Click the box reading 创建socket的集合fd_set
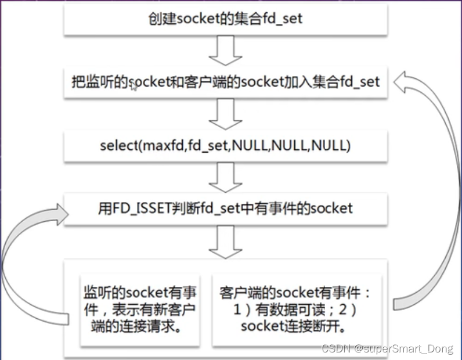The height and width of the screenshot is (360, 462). tap(225, 19)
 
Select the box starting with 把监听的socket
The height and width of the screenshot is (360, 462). tap(225, 82)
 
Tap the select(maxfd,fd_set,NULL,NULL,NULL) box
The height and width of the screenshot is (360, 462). tap(225, 146)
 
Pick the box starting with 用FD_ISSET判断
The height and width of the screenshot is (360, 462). tap(225, 208)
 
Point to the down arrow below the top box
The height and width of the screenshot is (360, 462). tap(225, 50)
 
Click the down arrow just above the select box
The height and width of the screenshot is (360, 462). tap(225, 114)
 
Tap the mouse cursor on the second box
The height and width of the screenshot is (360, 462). tap(134, 87)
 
